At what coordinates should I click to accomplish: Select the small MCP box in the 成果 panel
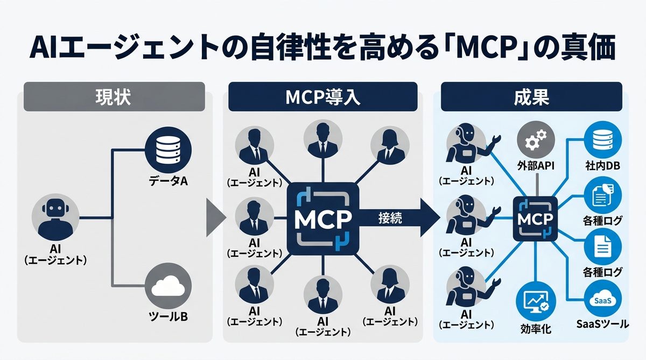535,219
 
